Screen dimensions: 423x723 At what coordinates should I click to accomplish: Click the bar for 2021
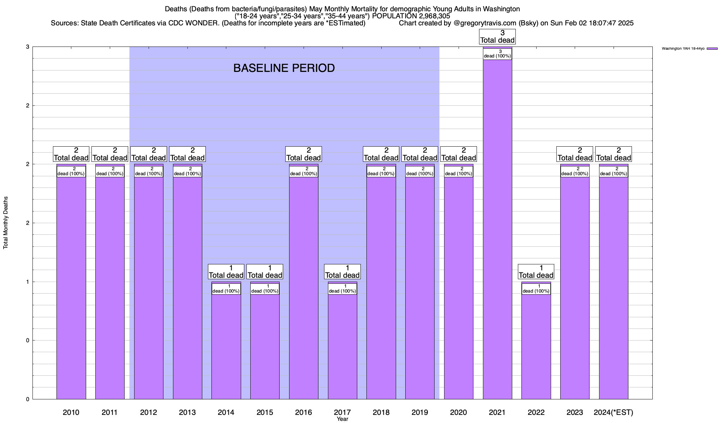coord(497,229)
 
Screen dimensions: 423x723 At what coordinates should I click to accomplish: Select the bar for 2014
coord(226,345)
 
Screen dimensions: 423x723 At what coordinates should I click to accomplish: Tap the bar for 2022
coord(536,345)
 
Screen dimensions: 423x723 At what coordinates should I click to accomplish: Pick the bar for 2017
coord(342,345)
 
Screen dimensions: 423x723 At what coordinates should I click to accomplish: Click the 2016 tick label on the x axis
coord(304,412)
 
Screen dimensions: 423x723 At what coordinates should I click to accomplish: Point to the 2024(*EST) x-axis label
coord(614,412)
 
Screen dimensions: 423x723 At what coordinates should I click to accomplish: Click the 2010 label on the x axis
coord(71,412)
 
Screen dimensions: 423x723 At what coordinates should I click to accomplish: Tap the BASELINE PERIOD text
coord(284,68)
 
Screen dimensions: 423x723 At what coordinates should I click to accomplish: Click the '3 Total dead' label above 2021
coord(497,37)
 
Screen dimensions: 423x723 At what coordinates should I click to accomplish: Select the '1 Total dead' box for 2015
coord(265,271)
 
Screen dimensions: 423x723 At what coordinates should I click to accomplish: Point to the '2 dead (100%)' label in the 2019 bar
coord(420,171)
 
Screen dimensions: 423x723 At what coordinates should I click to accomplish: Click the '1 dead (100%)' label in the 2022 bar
coord(536,289)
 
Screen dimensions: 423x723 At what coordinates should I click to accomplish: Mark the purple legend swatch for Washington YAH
coord(712,49)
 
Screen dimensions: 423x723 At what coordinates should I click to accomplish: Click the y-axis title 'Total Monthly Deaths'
coord(6,223)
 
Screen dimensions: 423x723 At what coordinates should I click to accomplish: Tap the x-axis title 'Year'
coord(342,419)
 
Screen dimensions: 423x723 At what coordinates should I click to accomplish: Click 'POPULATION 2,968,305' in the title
coord(411,16)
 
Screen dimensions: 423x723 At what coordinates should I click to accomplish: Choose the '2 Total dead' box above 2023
coord(575,154)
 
